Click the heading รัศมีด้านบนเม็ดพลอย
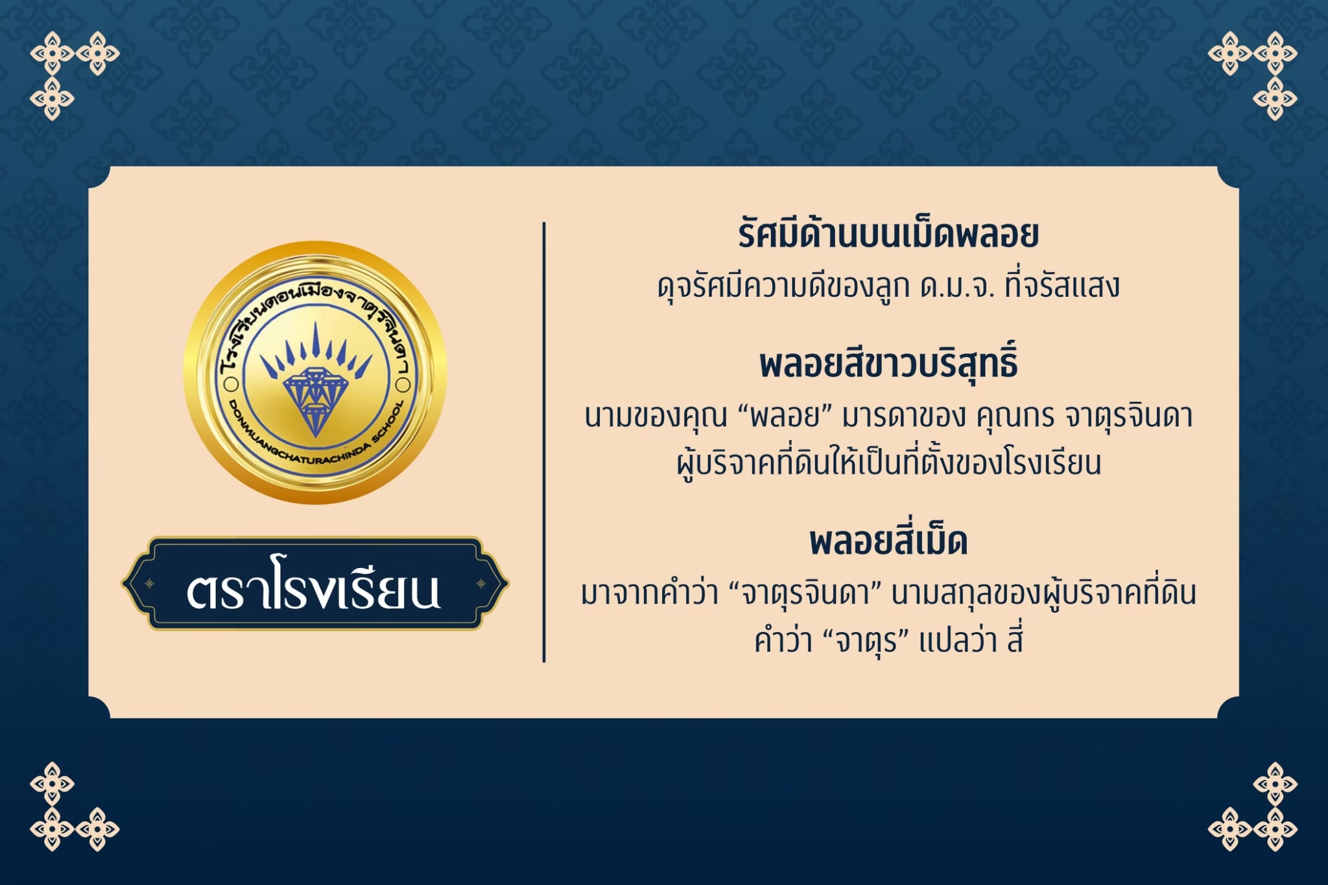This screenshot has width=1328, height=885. click(x=888, y=235)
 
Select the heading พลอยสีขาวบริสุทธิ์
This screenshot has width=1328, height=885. click(x=888, y=363)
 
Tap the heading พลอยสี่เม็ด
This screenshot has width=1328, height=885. click(x=888, y=541)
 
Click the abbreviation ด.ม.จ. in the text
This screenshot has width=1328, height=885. click(x=957, y=287)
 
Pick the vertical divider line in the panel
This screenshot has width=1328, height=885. click(x=544, y=442)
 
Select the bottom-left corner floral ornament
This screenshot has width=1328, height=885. click(x=75, y=807)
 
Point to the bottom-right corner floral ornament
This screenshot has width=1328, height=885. click(x=1253, y=807)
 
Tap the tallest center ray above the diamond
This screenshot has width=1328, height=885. click(x=316, y=340)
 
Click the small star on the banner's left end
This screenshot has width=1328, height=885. click(x=150, y=584)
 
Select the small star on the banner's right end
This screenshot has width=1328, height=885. click(x=481, y=584)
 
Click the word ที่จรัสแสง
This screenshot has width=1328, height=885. click(x=1062, y=285)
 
